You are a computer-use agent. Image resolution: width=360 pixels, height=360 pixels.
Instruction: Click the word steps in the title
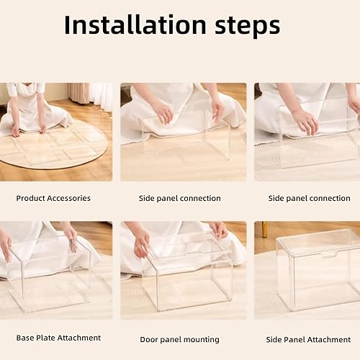pyautogui.click(x=242, y=26)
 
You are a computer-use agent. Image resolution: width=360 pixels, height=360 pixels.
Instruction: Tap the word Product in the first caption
pyautogui.click(x=33, y=198)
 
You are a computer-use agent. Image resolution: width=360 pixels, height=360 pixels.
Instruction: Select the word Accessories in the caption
pyautogui.click(x=71, y=198)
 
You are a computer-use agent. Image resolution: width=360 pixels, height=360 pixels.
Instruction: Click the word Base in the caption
pyautogui.click(x=25, y=337)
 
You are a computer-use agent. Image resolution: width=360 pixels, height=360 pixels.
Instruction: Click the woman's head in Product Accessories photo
pyautogui.click(x=26, y=89)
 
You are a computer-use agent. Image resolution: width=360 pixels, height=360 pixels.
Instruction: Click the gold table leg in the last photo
pyautogui.click(x=264, y=230)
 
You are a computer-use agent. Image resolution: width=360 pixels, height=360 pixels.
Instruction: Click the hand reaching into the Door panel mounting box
pyautogui.click(x=141, y=242)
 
